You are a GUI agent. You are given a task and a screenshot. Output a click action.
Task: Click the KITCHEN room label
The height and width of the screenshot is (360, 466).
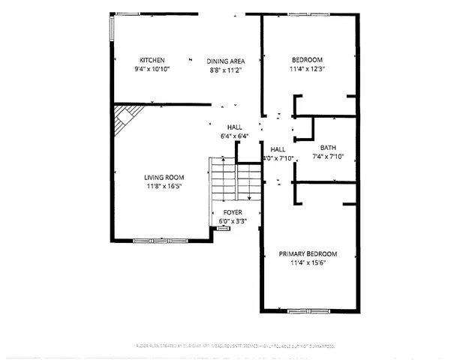click(152, 60)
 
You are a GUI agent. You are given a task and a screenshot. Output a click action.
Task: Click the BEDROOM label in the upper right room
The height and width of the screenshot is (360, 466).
click(307, 60)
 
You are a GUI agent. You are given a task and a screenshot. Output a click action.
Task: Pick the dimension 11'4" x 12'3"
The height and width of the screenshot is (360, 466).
click(307, 69)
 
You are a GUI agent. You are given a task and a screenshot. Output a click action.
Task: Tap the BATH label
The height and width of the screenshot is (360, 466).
click(328, 147)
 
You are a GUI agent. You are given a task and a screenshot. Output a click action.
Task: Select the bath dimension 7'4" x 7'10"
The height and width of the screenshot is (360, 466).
click(328, 157)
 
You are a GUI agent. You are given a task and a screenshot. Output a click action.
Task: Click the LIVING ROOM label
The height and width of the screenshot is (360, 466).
click(164, 178)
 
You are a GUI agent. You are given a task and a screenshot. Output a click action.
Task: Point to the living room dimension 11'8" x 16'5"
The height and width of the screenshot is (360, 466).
click(164, 187)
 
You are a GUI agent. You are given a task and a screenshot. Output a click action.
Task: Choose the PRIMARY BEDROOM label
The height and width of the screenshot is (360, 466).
click(308, 253)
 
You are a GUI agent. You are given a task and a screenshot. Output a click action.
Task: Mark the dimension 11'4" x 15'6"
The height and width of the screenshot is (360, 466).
click(308, 262)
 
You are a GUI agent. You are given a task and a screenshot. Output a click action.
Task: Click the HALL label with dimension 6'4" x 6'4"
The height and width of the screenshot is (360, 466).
click(236, 127)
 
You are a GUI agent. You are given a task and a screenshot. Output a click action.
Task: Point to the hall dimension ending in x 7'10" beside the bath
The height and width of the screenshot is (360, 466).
click(278, 158)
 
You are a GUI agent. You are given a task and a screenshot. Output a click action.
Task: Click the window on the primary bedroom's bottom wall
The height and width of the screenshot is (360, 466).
click(308, 310)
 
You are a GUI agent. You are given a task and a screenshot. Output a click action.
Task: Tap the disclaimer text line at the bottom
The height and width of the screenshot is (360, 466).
click(233, 345)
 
